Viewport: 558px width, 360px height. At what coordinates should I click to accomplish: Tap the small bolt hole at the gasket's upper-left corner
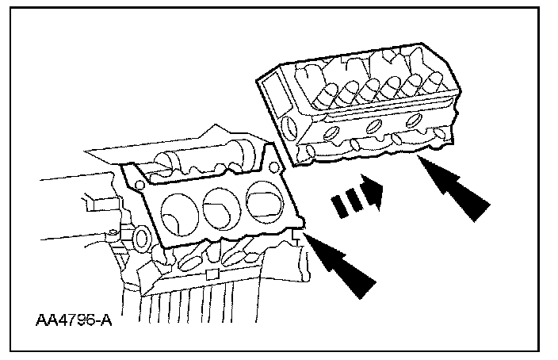point(138,182)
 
